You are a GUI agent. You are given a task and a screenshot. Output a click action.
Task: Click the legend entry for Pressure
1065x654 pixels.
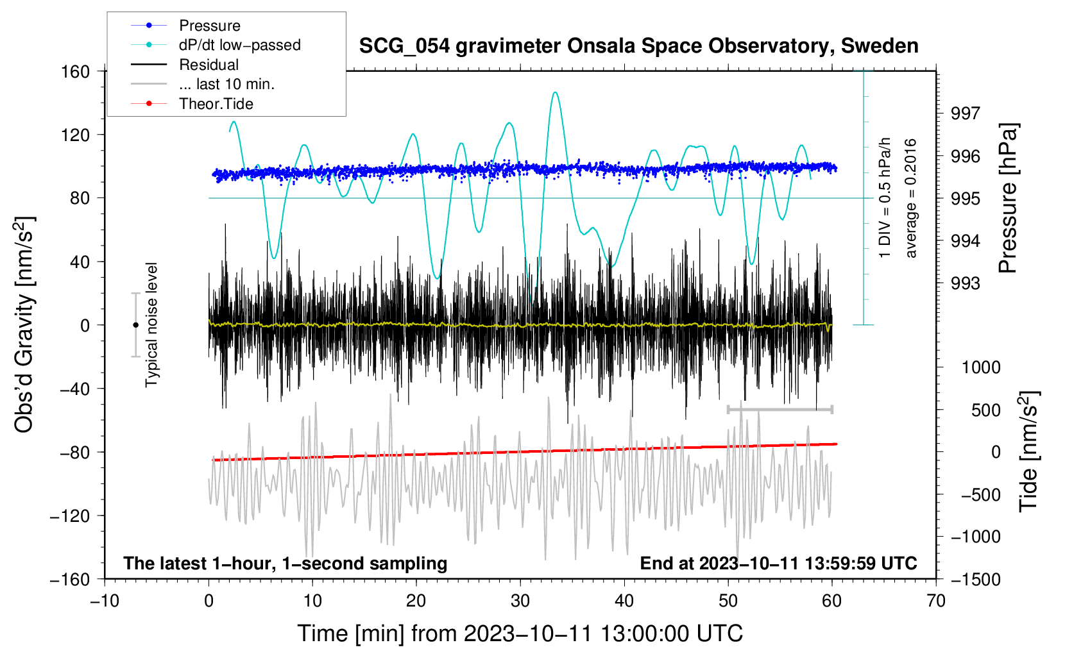click(209, 26)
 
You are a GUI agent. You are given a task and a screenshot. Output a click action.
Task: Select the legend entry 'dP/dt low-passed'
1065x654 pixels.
click(239, 45)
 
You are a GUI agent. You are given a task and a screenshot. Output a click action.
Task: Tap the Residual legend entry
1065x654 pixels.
click(209, 65)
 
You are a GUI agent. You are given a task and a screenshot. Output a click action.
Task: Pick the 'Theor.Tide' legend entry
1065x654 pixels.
click(216, 104)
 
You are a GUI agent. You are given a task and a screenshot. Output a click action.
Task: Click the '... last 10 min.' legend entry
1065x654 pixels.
click(226, 84)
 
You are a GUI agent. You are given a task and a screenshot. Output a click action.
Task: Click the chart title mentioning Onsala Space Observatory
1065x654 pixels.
click(638, 46)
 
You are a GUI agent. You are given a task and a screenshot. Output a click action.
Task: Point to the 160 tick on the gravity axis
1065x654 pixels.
click(76, 71)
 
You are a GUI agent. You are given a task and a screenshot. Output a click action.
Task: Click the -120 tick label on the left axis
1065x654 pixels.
click(70, 516)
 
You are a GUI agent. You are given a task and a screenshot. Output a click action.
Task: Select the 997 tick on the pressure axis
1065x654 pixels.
click(966, 113)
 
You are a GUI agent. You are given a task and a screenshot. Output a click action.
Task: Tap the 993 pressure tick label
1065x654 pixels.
click(966, 283)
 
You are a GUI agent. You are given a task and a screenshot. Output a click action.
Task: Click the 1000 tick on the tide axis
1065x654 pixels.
click(981, 367)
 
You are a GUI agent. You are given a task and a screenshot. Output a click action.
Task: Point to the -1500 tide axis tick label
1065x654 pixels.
click(975, 579)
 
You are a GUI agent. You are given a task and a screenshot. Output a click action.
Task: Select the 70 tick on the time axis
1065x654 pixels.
click(936, 601)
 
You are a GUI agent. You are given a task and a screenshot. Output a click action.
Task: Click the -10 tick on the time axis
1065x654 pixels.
click(105, 601)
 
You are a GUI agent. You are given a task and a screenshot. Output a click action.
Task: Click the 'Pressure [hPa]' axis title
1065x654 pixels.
click(1008, 198)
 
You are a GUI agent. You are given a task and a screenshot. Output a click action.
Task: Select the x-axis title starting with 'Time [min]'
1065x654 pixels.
click(520, 633)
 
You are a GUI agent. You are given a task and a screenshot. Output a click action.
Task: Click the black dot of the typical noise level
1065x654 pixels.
click(135, 325)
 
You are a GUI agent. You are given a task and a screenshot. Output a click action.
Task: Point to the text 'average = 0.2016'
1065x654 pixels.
click(910, 198)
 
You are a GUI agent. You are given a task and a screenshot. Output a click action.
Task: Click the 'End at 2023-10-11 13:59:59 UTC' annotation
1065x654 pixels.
click(778, 563)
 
